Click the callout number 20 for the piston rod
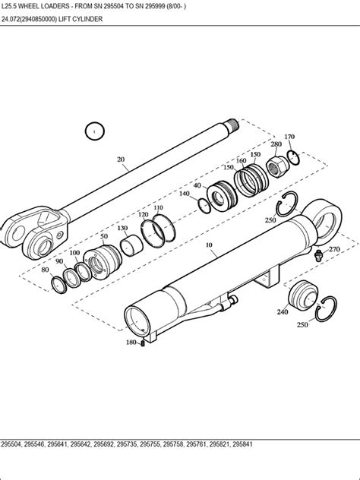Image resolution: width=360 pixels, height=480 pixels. pyautogui.click(x=121, y=159)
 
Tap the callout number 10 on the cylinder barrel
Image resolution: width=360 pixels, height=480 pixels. pyautogui.click(x=210, y=246)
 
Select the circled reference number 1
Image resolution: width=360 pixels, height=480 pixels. pyautogui.click(x=93, y=132)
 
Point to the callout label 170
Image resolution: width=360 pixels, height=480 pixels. pyautogui.click(x=289, y=137)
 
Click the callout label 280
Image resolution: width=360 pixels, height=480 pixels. pyautogui.click(x=276, y=144)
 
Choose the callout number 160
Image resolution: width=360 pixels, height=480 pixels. pyautogui.click(x=242, y=160)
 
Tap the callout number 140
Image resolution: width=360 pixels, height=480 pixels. pyautogui.click(x=185, y=194)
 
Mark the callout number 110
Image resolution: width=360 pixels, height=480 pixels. pyautogui.click(x=158, y=207)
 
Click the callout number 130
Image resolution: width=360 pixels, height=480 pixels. pyautogui.click(x=122, y=228)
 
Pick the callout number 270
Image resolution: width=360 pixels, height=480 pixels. pyautogui.click(x=334, y=248)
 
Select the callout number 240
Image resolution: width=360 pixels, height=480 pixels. pyautogui.click(x=283, y=311)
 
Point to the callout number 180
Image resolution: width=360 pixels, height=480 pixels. pyautogui.click(x=131, y=343)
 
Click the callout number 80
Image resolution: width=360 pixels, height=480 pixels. pyautogui.click(x=46, y=270)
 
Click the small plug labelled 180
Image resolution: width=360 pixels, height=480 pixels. pyautogui.click(x=142, y=343)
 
